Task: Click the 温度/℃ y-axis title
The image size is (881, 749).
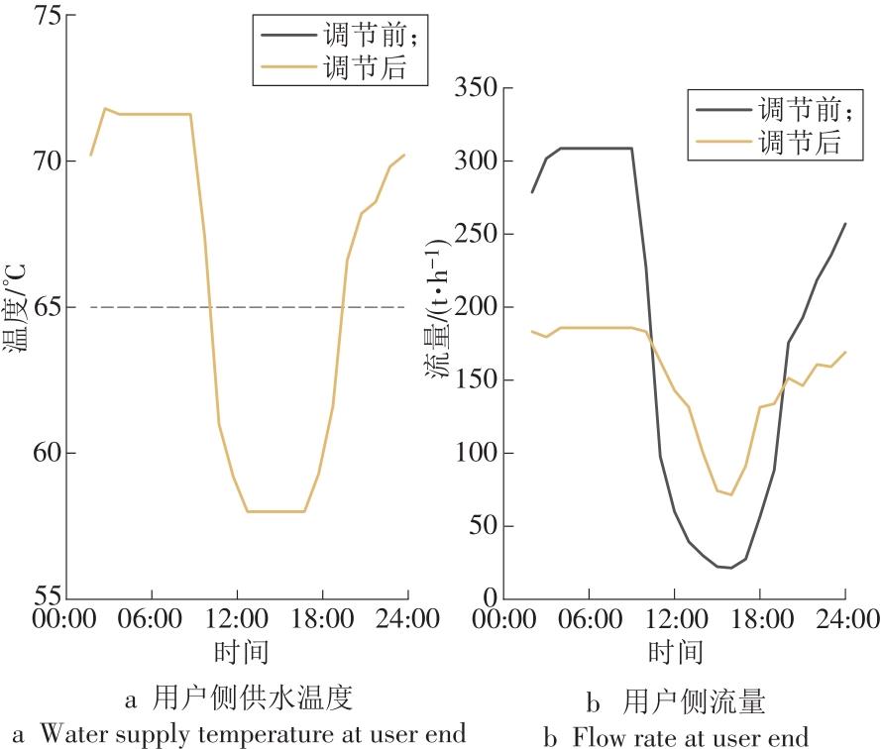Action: point(15,308)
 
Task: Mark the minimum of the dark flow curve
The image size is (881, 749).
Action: point(730,568)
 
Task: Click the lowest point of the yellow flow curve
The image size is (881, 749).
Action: point(731,494)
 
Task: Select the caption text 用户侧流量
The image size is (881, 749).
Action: point(694,702)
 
